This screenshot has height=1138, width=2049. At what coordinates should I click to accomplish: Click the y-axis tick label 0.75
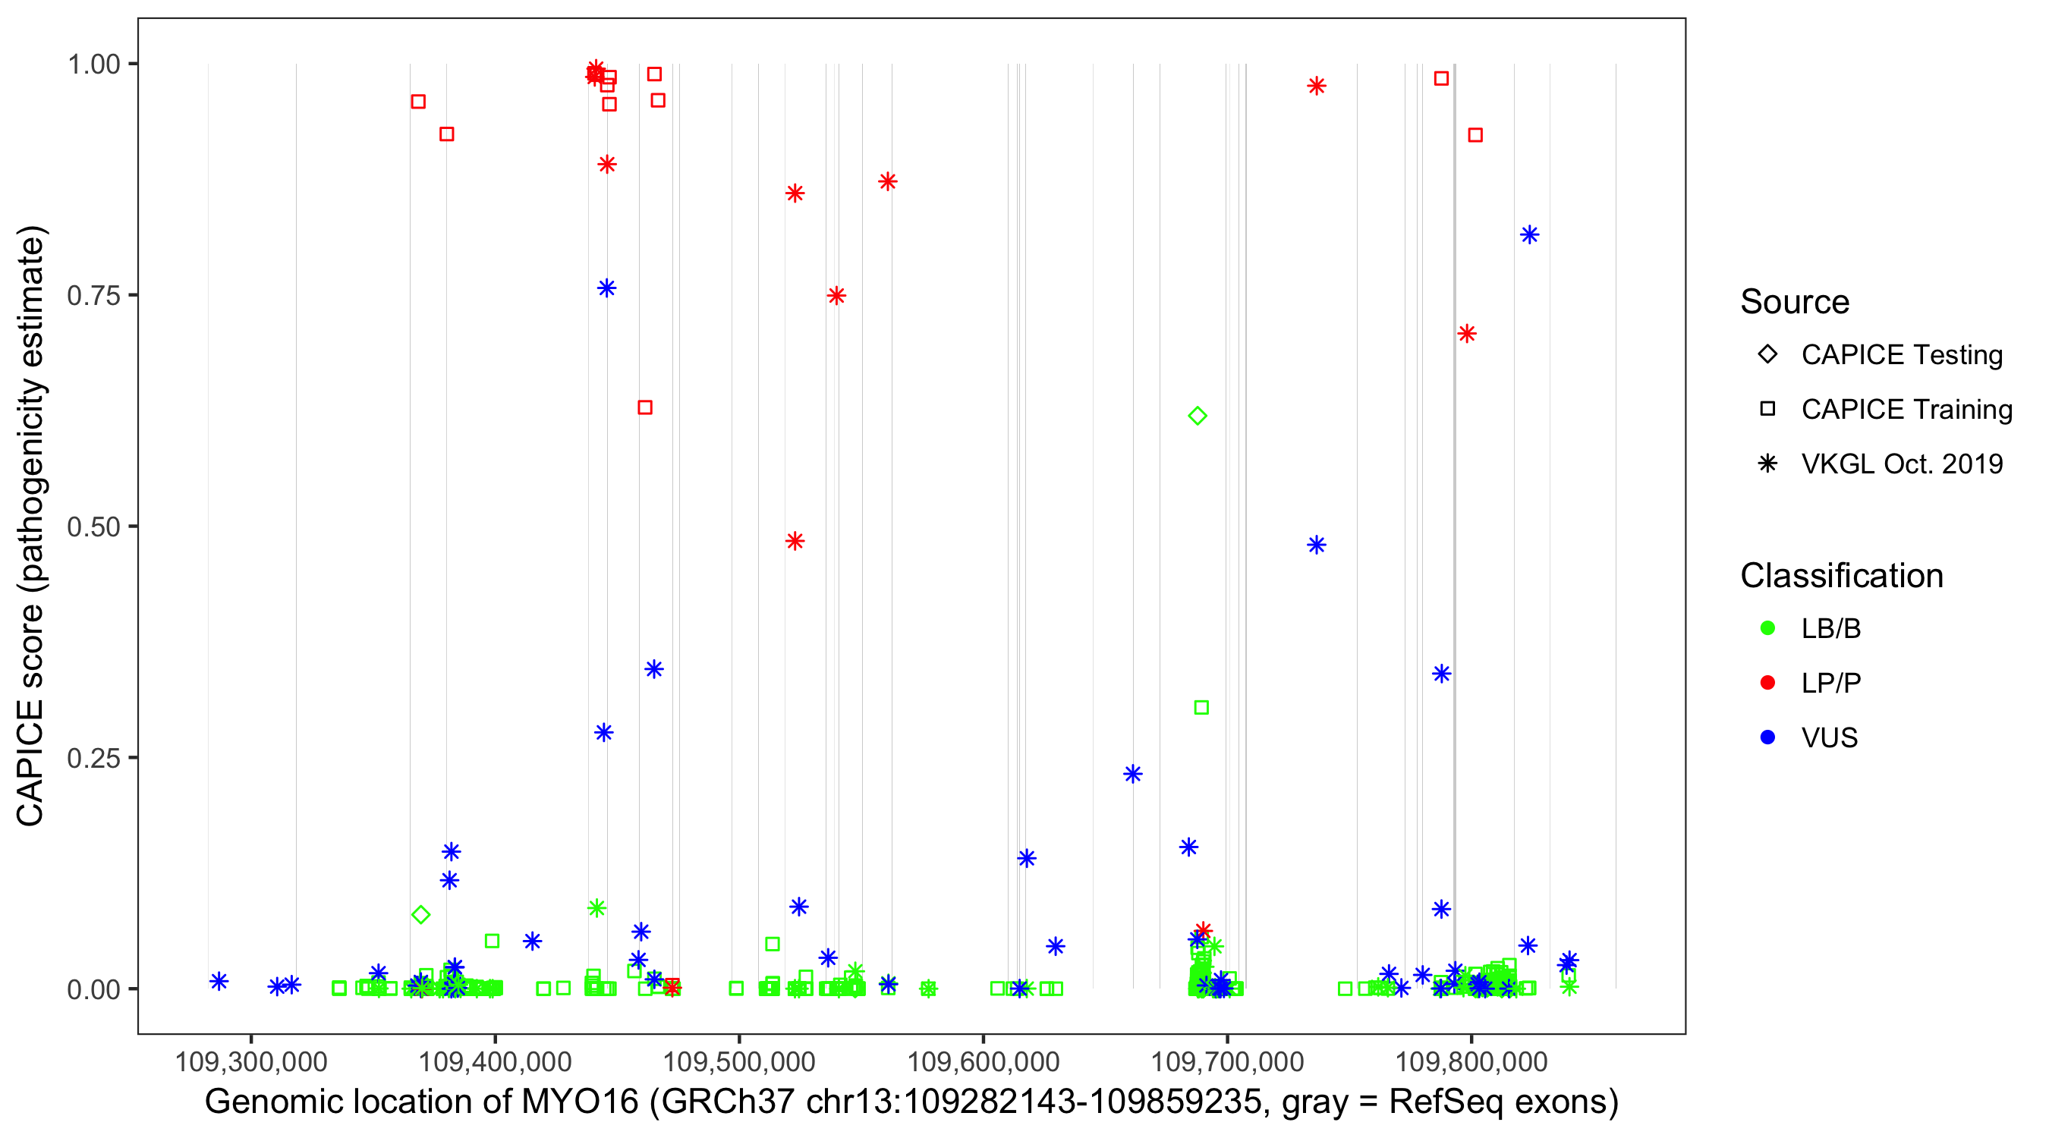[93, 296]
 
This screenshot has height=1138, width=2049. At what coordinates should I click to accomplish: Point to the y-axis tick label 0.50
[93, 527]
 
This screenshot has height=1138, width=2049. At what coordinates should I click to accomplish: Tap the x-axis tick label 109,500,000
[739, 1061]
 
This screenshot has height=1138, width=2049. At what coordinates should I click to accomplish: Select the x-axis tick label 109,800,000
[1471, 1061]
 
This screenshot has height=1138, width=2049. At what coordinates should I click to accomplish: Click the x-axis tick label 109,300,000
[250, 1061]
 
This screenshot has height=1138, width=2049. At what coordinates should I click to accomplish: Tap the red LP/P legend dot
[1767, 683]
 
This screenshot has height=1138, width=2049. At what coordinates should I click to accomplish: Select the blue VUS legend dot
[1767, 737]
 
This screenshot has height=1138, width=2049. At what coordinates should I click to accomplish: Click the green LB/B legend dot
[1767, 628]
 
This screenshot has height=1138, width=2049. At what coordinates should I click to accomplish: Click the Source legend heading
[1795, 302]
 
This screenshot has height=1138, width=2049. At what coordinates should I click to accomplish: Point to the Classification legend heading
[1841, 576]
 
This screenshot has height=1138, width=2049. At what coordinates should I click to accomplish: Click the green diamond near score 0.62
[1197, 416]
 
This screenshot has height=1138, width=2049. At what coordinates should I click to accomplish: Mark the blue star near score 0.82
[1530, 234]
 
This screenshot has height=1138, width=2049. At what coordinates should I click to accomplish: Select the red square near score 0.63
[645, 407]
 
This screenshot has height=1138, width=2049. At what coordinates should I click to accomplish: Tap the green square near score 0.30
[1201, 708]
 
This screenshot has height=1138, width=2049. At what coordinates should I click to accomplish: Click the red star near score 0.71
[1467, 333]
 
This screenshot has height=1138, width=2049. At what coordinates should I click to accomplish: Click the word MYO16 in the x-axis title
[580, 1102]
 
